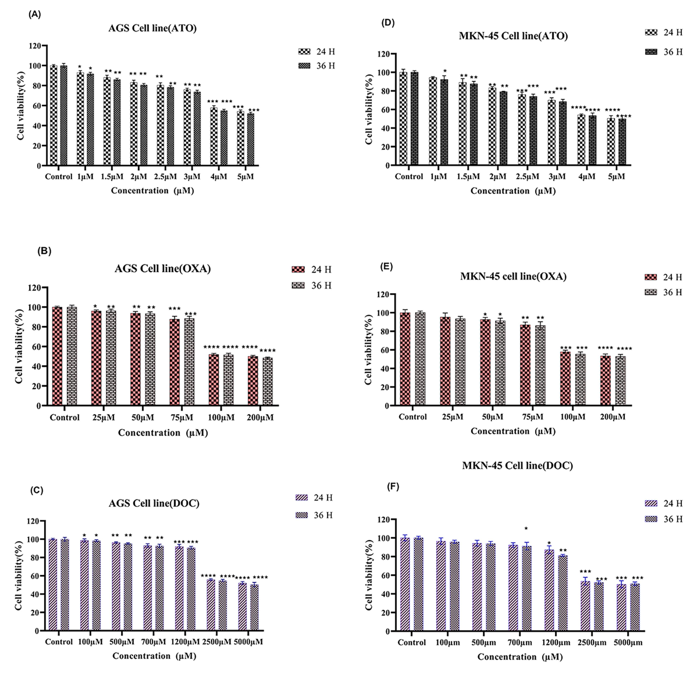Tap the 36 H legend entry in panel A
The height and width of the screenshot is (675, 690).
(x=317, y=66)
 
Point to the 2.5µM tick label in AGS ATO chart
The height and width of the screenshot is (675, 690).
(x=165, y=176)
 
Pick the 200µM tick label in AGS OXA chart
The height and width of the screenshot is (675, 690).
(x=260, y=418)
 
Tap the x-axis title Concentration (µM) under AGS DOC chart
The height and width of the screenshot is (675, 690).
(x=154, y=656)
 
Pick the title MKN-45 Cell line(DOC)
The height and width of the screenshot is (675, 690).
(x=517, y=466)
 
